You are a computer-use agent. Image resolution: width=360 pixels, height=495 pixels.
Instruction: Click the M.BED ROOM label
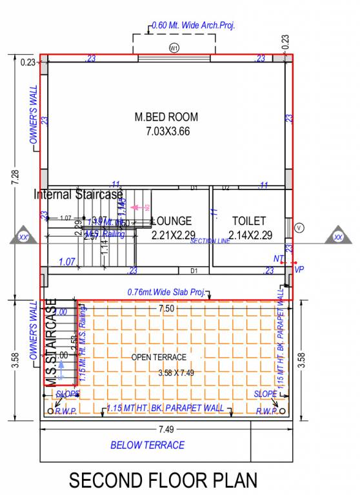pos(166,117)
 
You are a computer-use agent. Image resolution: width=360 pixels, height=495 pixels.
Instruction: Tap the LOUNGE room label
pos(172,221)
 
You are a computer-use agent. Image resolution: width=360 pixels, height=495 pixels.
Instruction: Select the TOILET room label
pos(249,221)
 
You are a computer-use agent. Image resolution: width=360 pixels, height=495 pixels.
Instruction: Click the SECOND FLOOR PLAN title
pos(163,480)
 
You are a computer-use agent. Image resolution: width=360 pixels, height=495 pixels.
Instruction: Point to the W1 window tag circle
pos(174,48)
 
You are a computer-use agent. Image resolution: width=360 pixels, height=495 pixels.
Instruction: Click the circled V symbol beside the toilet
pos(299,228)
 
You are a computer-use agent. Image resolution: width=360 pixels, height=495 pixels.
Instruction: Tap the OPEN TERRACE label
pos(159,357)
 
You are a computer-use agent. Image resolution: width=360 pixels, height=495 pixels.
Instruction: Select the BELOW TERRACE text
pos(147,445)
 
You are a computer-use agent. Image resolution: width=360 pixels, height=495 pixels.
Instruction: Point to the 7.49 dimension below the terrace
pos(165,428)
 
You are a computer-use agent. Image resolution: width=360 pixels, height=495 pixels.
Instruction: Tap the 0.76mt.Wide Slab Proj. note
pos(166,292)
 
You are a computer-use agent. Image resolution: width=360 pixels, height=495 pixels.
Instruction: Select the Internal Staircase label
pos(78,194)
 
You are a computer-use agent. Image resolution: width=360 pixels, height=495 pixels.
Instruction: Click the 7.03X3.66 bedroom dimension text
pos(166,131)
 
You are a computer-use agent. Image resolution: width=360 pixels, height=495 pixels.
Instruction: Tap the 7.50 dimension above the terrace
pos(167,309)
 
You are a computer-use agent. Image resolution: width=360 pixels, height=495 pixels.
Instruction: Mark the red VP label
pos(299,269)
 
